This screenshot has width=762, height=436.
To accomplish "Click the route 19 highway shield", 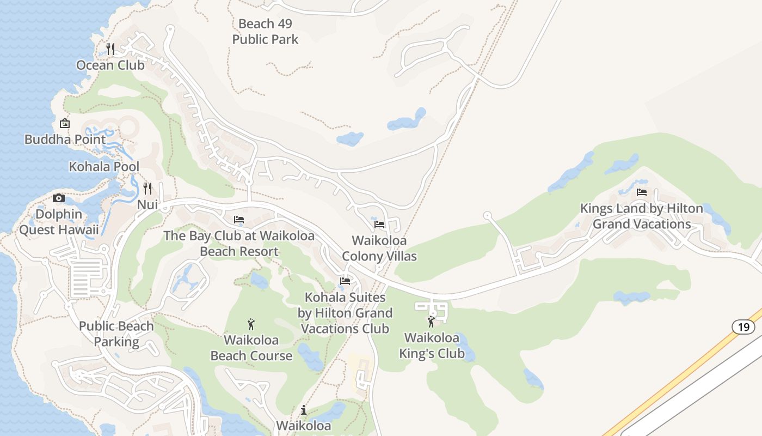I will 743,327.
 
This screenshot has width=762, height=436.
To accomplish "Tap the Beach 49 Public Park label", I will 266,32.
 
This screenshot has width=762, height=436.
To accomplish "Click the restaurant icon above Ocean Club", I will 110,49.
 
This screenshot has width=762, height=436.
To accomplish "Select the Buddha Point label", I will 65,140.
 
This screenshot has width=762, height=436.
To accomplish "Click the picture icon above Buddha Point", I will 65,123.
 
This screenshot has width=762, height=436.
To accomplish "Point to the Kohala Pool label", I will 104,167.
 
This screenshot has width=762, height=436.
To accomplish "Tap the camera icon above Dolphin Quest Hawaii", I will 59,198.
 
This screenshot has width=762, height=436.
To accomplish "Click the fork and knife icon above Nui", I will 148,189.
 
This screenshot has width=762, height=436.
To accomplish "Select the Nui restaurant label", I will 148,205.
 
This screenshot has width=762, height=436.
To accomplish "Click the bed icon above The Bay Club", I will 238,220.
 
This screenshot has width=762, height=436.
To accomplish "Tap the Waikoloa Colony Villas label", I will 379,248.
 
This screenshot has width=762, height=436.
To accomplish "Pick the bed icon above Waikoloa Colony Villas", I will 379,224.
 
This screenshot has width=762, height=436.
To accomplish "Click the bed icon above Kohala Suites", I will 345,281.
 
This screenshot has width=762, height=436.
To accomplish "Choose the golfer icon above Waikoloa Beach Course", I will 251,324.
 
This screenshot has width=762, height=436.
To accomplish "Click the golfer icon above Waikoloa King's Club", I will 432,322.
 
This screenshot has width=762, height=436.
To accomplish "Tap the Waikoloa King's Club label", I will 432,346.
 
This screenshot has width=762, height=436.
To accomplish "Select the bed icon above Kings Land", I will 642,192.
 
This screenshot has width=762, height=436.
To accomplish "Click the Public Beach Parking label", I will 116,334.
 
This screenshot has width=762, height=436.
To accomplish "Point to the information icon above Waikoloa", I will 304,410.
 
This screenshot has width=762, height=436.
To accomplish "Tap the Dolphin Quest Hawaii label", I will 59,222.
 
